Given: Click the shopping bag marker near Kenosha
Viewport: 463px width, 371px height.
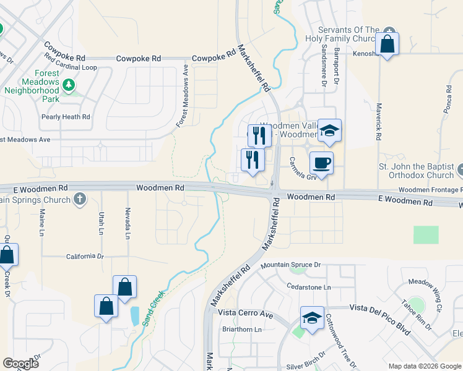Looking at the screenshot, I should pos(387,45).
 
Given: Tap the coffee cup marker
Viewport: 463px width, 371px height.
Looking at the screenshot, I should pos(321,163).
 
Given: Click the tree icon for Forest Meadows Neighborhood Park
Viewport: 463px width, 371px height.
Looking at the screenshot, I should pos(70,84).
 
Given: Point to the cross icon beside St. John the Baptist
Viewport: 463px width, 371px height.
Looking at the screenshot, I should pos(460,168).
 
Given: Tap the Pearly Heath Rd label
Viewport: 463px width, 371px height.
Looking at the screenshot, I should pos(66,117).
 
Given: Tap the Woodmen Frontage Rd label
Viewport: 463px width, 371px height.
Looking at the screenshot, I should pos(428,190).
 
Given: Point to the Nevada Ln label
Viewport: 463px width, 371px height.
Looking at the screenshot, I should pos(128,223).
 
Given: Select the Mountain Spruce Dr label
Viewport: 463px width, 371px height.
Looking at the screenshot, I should pos(290,265).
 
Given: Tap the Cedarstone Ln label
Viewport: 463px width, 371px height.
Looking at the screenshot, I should pos(309,287).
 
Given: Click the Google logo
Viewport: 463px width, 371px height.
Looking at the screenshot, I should pos(20,364).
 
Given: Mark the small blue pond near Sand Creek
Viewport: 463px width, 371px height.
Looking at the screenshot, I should pos(135,316).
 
